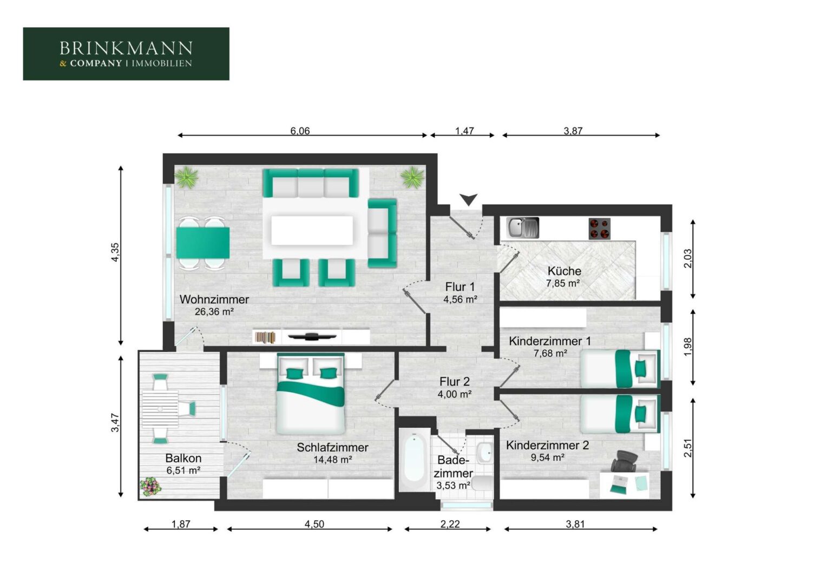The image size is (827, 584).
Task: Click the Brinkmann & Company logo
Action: pyautogui.click(x=126, y=54)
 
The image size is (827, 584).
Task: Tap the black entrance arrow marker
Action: pyautogui.click(x=469, y=200)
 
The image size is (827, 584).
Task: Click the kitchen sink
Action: pyautogui.click(x=522, y=228)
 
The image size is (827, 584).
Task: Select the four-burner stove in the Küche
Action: pyautogui.click(x=599, y=229)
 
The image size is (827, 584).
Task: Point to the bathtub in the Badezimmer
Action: pyautogui.click(x=414, y=459)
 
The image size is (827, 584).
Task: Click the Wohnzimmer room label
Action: pyautogui.click(x=214, y=299)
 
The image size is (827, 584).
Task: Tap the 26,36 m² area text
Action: pyautogui.click(x=214, y=312)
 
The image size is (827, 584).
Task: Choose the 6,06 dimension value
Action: pyautogui.click(x=300, y=131)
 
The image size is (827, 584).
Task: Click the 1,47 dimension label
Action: pyautogui.click(x=464, y=131)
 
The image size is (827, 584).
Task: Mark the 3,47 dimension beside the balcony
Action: pyautogui.click(x=116, y=423)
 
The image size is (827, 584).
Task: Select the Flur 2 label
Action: pyautogui.click(x=455, y=381)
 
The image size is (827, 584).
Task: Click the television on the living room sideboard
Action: pyautogui.click(x=312, y=336)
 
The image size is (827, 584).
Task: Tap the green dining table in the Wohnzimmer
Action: pyautogui.click(x=202, y=243)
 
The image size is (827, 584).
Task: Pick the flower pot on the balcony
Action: pyautogui.click(x=150, y=487)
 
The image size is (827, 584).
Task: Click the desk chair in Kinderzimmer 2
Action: pyautogui.click(x=625, y=461)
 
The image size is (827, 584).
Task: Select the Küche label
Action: pyautogui.click(x=564, y=271)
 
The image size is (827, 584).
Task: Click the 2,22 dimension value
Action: pyautogui.click(x=450, y=524)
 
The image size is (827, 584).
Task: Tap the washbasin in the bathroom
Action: pyautogui.click(x=484, y=452)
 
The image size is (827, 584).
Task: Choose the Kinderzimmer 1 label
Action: pyautogui.click(x=550, y=341)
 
